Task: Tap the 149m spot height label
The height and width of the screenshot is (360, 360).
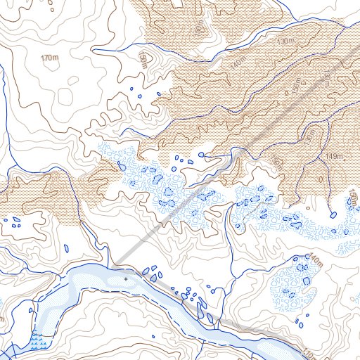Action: (334, 155)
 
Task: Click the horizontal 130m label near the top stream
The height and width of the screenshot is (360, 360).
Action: (287, 43)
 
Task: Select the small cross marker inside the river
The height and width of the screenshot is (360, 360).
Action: (126, 278)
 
